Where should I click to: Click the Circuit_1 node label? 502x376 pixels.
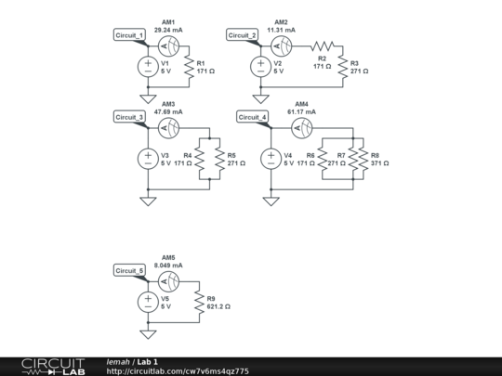(129, 35)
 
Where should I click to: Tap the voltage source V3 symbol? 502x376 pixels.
(147, 158)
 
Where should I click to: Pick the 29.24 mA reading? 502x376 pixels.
(168, 30)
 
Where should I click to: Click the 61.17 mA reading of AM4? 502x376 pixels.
(302, 111)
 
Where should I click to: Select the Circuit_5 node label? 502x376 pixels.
(129, 271)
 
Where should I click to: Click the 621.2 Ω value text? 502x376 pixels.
(218, 306)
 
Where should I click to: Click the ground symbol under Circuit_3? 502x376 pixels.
(147, 200)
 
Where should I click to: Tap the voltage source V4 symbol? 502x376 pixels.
(271, 158)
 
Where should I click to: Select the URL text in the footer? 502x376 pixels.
(178, 371)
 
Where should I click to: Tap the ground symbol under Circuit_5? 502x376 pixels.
(147, 333)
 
